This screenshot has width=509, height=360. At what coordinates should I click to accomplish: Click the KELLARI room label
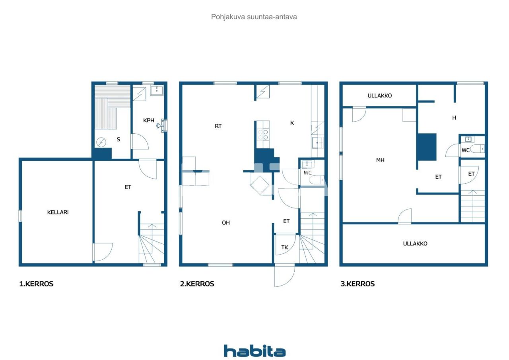coord(58,212)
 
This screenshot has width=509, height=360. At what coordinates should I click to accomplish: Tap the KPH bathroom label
coord(149,120)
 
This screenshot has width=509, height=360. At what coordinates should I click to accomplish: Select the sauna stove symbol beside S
coord(101,142)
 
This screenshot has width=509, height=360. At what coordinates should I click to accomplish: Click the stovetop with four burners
coord(263,134)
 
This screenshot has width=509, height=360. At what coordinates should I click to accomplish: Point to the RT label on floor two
coord(218,126)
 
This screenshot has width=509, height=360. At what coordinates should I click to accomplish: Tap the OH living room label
coord(226,223)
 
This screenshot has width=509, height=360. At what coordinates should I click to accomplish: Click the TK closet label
coord(285,247)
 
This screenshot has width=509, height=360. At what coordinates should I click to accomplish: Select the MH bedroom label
coord(381,160)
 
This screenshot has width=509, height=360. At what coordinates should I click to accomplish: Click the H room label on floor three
coord(454,118)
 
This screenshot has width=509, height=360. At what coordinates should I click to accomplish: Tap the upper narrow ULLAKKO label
coord(380,95)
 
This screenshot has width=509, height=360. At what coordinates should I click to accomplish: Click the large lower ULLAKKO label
coord(415,243)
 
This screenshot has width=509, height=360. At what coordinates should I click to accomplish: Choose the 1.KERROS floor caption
coord(36,284)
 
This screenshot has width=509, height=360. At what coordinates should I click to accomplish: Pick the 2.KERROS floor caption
coord(197,284)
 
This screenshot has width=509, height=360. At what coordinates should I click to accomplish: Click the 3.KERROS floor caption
coord(357,284)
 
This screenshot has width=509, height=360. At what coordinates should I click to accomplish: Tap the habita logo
coord(254,351)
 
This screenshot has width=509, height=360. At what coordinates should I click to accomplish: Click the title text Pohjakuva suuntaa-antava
coord(254,17)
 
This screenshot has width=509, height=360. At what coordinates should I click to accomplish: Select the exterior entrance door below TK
coord(284,275)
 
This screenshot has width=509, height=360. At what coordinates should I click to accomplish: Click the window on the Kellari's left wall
coord(20,216)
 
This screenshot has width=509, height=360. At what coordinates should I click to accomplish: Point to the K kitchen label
coord(292,123)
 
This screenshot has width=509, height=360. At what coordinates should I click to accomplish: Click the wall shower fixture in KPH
coord(162,125)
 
